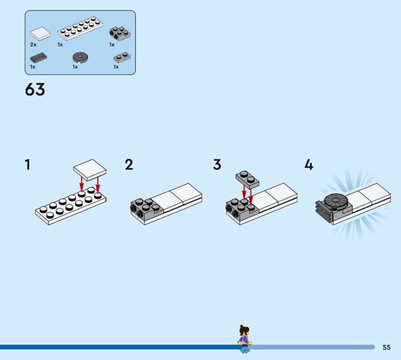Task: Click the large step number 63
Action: pos(35,89)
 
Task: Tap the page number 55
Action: pos(386,347)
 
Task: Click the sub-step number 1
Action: pos(28,164)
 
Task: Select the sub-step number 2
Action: pos(129,164)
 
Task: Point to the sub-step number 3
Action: pos(217,164)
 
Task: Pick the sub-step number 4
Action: pos(309,164)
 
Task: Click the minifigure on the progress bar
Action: pos(245,339)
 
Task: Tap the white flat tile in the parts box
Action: pos(41,34)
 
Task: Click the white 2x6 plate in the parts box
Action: pos(80,29)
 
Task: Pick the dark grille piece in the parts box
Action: pos(39,58)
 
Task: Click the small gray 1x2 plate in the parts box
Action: pos(122,58)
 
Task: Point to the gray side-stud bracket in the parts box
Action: pos(120,33)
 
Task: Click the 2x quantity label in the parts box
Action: pos(33,45)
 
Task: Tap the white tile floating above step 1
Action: pos(90,170)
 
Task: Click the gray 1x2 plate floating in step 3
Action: pos(247,179)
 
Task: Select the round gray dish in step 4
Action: pos(335,201)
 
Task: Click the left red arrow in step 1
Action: pos(81,184)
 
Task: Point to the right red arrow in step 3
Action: pos(251,197)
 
